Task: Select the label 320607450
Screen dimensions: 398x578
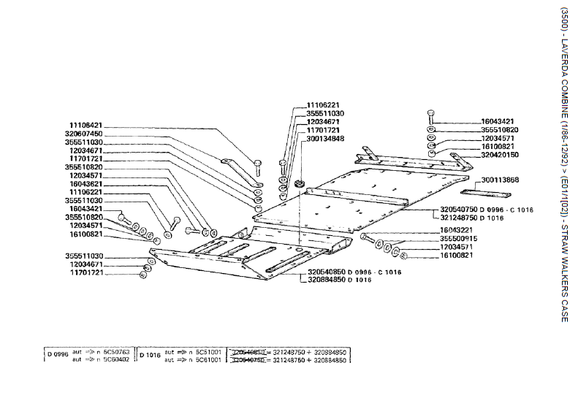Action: tap(84, 134)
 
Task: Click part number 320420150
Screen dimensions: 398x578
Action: tap(499, 155)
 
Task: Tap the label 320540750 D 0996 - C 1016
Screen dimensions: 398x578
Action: tap(487, 210)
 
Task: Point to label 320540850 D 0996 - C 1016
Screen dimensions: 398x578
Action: tap(343, 272)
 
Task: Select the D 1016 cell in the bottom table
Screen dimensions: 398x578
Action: tap(151, 354)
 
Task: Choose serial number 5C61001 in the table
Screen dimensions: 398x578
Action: tap(208, 359)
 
